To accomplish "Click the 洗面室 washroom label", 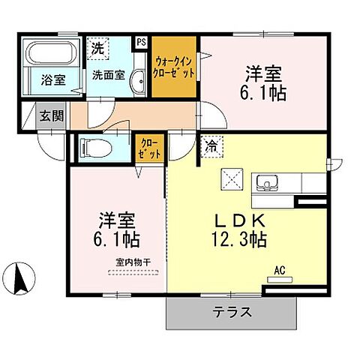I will pyautogui.click(x=108, y=75).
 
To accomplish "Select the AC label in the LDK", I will pyautogui.click(x=280, y=270).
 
